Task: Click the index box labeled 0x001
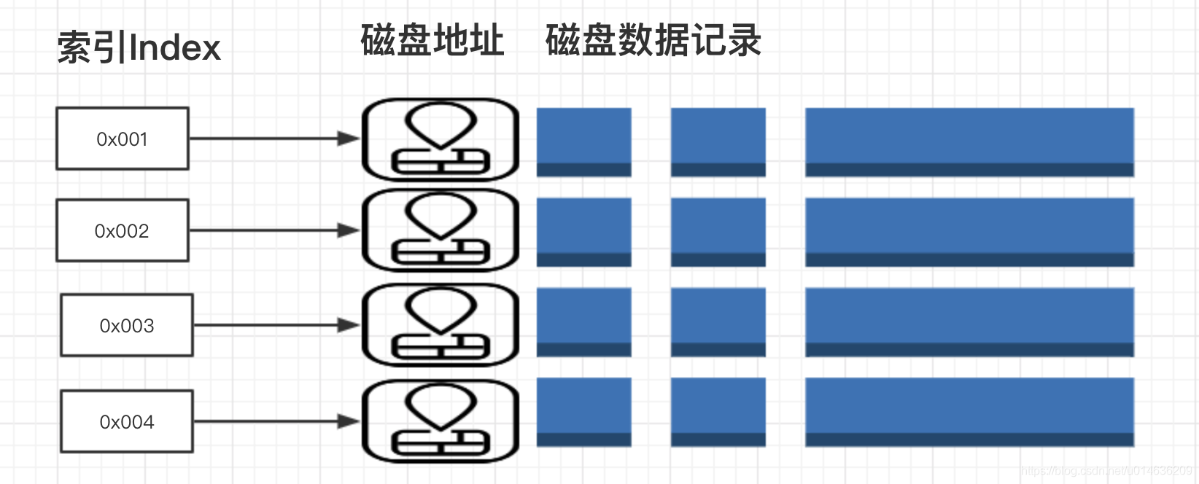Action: [123, 138]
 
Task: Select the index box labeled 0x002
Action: [123, 230]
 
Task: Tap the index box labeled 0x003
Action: [127, 325]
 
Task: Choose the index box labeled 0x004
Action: [127, 421]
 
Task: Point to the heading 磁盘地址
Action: [432, 40]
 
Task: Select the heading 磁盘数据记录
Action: [653, 40]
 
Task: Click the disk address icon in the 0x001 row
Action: [441, 140]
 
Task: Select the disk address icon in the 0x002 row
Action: [441, 230]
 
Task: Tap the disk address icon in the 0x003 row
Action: [441, 325]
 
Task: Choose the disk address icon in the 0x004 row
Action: [441, 421]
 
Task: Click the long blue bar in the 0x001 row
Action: [969, 142]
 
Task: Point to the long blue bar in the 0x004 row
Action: [969, 412]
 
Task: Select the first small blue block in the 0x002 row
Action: [583, 232]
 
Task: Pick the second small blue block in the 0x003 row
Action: [718, 322]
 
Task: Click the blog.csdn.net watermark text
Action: [1108, 472]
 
